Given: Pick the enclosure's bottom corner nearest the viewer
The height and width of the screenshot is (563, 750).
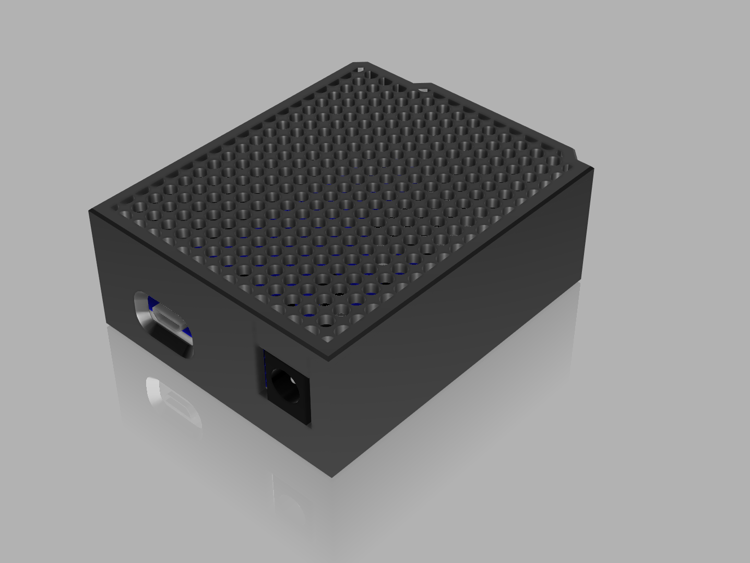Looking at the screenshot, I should pos(331,476).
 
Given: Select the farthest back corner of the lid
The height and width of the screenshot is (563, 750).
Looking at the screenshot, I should pos(360,63).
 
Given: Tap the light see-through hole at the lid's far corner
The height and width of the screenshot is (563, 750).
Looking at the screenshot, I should pos(359,68).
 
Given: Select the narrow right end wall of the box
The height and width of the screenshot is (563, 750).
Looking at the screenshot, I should pos(587,225).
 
